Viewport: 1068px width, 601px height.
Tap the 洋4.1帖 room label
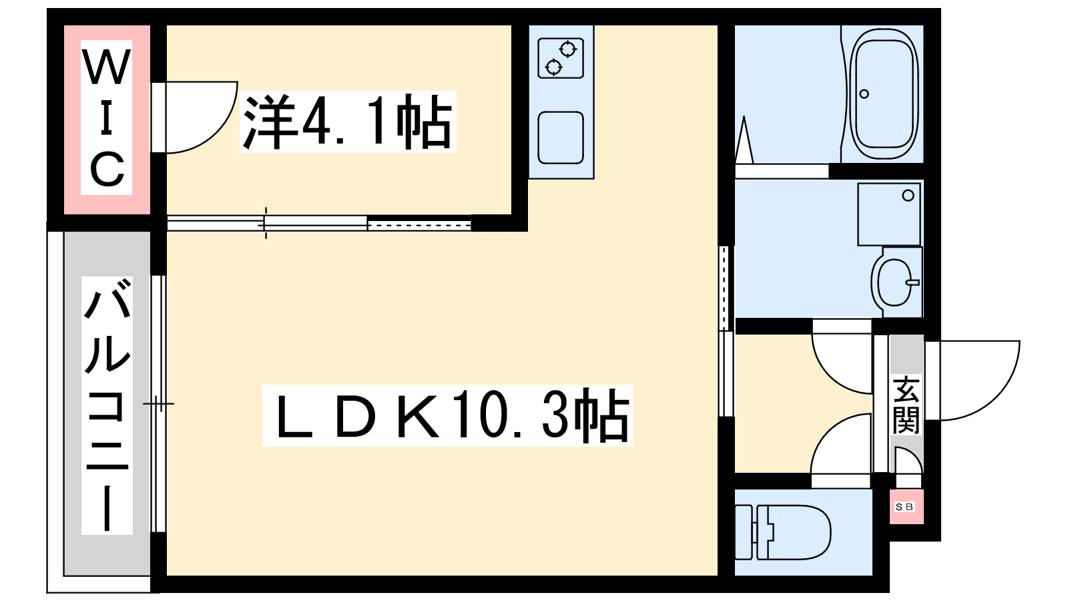[348, 122]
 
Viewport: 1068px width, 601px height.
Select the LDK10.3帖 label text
[447, 415]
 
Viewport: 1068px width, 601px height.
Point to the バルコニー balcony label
[107, 405]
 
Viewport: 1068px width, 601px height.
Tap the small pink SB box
[906, 507]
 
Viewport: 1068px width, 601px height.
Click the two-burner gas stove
[561, 58]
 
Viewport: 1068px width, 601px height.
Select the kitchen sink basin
[561, 138]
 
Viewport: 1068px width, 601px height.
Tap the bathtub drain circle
[864, 93]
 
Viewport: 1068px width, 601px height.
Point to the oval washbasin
[894, 282]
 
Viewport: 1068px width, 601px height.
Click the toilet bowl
[801, 532]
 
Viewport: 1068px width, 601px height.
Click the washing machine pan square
[888, 214]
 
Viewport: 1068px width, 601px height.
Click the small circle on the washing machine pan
[908, 196]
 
